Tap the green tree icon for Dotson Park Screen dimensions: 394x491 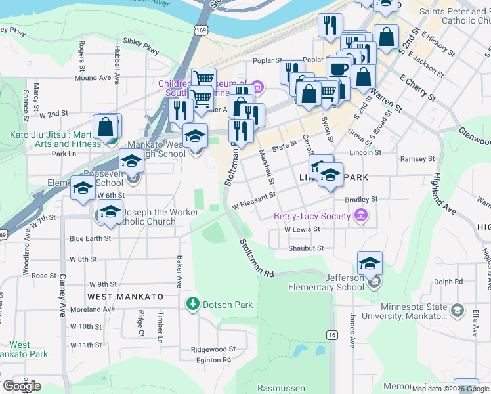(193, 304)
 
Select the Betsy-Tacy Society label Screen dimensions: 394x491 (312, 216)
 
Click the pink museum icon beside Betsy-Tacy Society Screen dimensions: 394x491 (360, 215)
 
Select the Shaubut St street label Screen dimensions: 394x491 (307, 249)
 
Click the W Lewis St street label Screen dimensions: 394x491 (302, 230)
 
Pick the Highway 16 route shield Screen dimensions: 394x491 (332, 335)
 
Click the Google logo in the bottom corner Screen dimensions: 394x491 (22, 386)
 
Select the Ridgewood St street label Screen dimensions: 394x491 (213, 350)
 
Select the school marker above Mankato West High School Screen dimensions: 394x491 (195, 137)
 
